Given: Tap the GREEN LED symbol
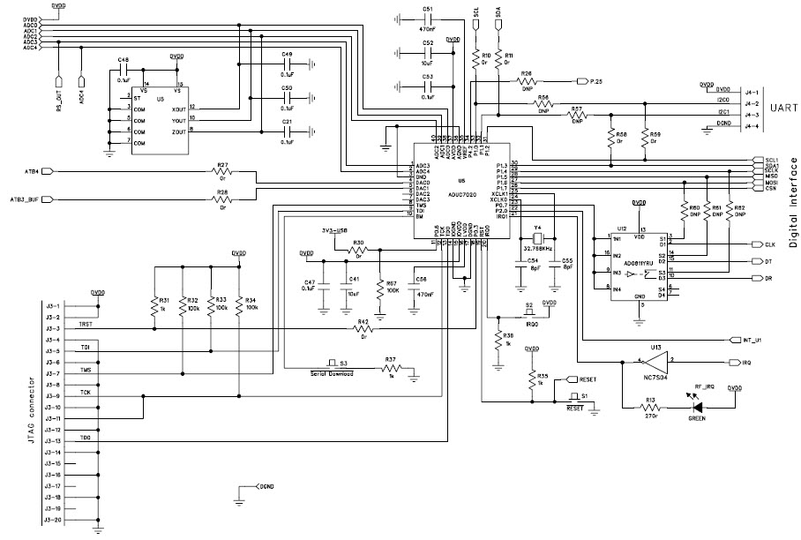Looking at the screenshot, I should point(697,408).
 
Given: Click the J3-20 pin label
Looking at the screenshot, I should point(52,521).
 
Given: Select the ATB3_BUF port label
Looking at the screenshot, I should point(24,199).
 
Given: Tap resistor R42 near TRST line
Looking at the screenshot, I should point(363,331).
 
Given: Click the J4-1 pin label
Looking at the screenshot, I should point(727,89).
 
